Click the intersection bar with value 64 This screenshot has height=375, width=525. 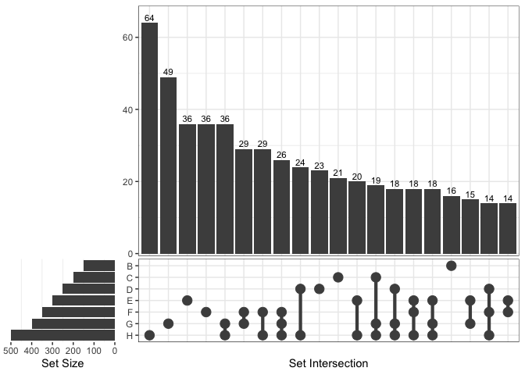pyautogui.click(x=149, y=137)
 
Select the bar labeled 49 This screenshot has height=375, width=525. pyautogui.click(x=168, y=165)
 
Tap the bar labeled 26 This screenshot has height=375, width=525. pyautogui.click(x=281, y=206)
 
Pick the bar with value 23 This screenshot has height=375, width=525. pyautogui.click(x=320, y=212)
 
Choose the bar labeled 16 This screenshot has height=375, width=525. pyautogui.click(x=452, y=224)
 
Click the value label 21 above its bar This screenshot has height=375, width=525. pyautogui.click(x=338, y=173)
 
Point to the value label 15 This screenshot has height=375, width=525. pyautogui.click(x=470, y=195)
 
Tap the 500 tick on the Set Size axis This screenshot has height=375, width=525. pyautogui.click(x=11, y=351)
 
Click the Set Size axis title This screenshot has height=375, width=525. pyautogui.click(x=63, y=363)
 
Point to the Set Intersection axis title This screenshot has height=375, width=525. pyautogui.click(x=328, y=363)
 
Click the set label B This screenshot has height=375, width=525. pyautogui.click(x=128, y=266)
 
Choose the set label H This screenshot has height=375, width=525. pyautogui.click(x=128, y=335)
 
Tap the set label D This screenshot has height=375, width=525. pyautogui.click(x=128, y=289)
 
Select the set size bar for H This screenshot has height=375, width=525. pyautogui.click(x=62, y=335)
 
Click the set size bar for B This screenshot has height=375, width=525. pyautogui.click(x=99, y=266)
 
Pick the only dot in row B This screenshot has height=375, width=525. pyautogui.click(x=452, y=266)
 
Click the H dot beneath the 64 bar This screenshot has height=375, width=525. pyautogui.click(x=149, y=335)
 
